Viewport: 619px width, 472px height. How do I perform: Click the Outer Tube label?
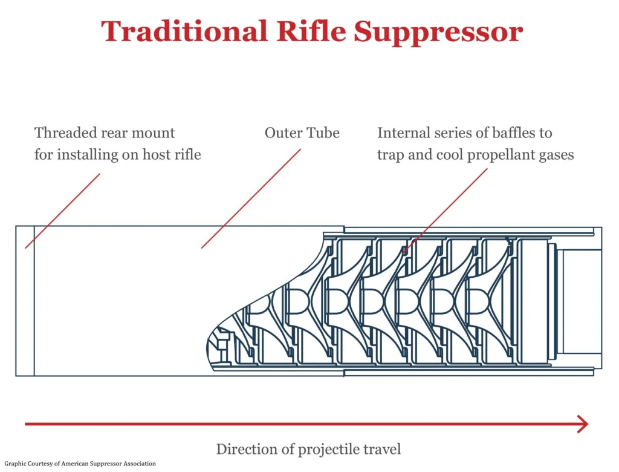302,133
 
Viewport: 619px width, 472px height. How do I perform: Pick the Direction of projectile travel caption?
308,449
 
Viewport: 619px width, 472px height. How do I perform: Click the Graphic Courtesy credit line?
79,464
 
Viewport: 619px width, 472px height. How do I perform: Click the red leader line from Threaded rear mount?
62,211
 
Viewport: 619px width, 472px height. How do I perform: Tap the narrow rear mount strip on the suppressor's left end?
25,301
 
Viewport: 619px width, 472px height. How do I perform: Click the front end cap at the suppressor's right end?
580,301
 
